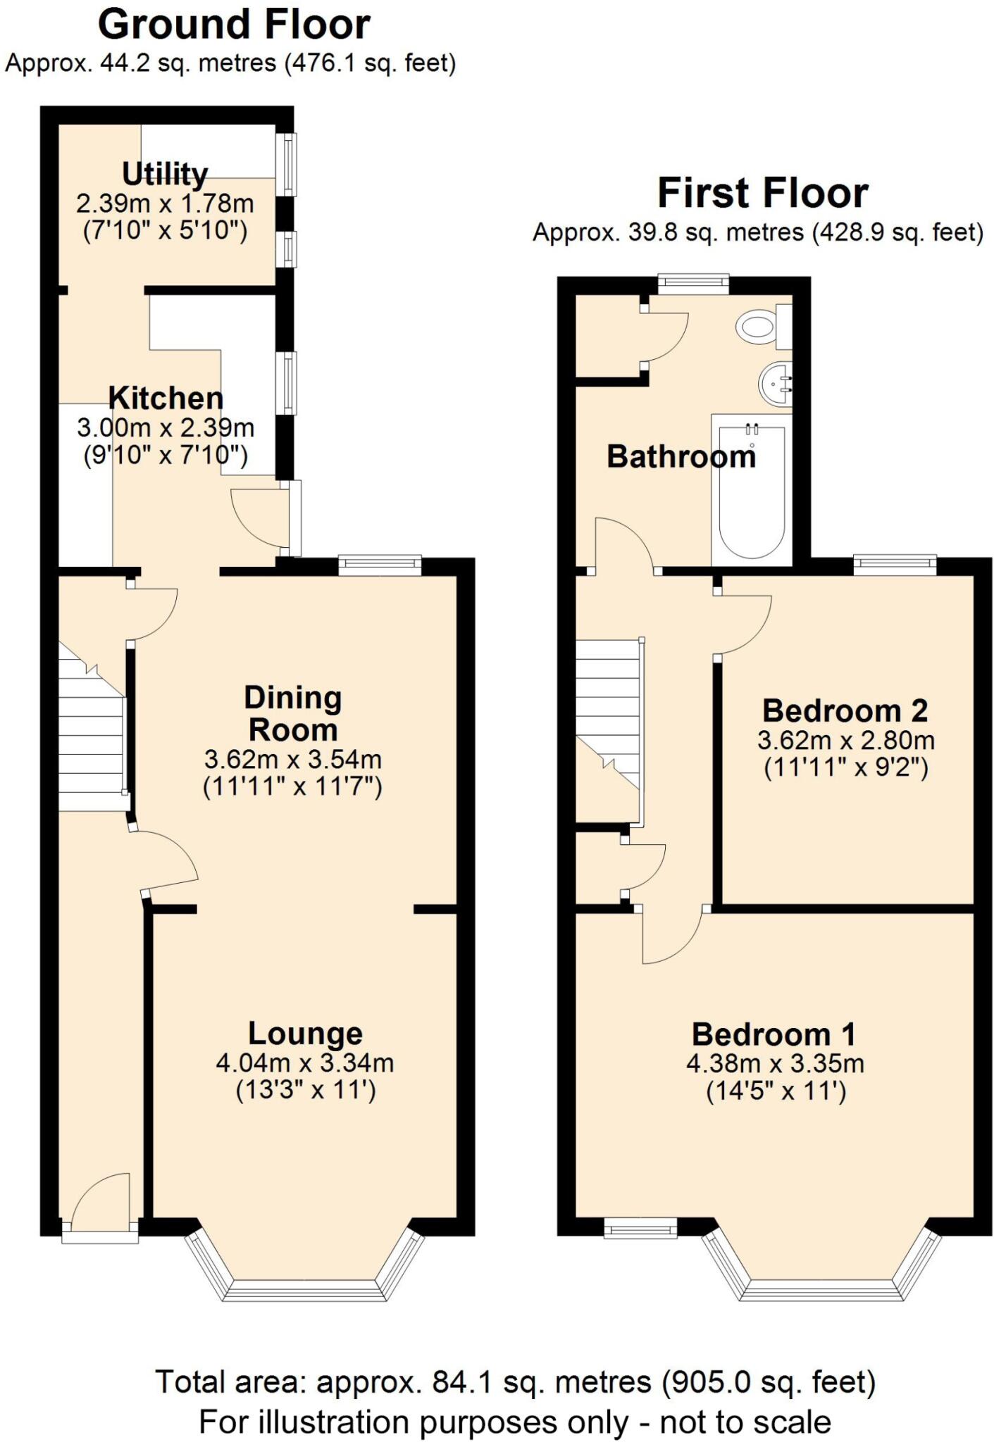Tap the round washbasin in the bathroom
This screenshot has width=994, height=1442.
tap(776, 384)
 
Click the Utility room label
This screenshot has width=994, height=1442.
tap(165, 173)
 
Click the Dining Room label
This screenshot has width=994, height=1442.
tap(292, 713)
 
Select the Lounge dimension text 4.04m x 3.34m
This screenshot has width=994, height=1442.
tap(304, 1062)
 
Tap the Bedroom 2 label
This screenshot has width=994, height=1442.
tap(845, 710)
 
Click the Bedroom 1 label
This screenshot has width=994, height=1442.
tap(774, 1034)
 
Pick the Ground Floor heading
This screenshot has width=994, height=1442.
tap(234, 25)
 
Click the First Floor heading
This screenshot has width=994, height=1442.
tap(762, 193)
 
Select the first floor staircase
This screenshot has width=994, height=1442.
tap(607, 711)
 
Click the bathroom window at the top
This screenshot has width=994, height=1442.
tap(693, 284)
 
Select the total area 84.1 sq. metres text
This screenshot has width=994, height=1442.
tap(514, 1382)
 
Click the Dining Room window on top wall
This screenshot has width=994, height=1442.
tap(380, 565)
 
